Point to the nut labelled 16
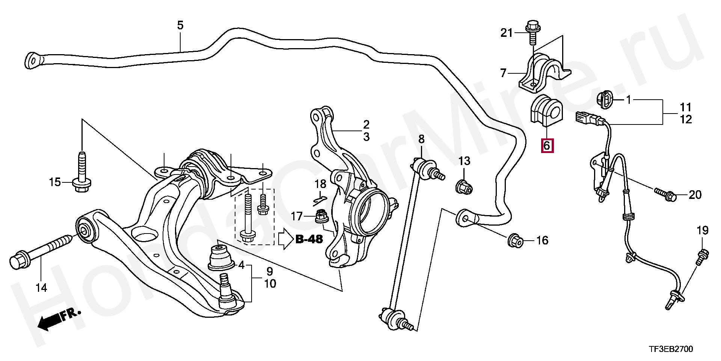[515, 241]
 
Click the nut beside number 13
[464, 187]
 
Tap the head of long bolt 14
[17, 262]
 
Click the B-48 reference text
[309, 239]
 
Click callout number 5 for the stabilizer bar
[180, 26]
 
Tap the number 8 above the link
[421, 139]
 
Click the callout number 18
[320, 184]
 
